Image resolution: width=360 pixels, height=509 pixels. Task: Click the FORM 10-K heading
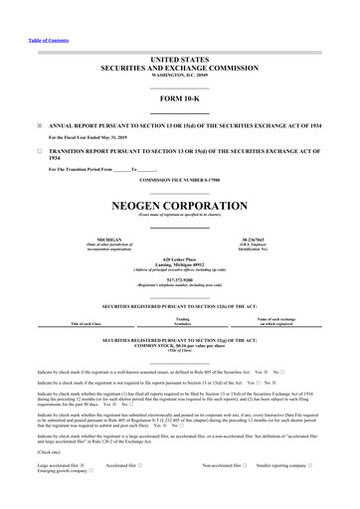[x=179, y=99]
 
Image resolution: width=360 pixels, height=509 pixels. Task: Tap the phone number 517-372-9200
[x=179, y=279]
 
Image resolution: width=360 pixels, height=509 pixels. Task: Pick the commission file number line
[x=179, y=179]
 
